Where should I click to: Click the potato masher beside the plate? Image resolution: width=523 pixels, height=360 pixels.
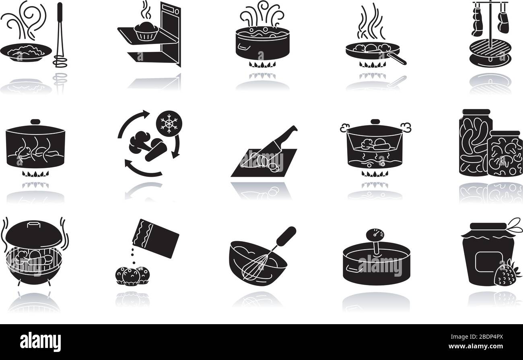pos(60,36)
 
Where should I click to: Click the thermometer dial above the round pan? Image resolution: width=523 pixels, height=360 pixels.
pos(375,235)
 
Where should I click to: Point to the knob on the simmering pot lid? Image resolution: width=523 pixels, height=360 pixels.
pos(36,122)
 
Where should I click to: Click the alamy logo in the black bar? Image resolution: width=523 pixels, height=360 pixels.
pos(40,341)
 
